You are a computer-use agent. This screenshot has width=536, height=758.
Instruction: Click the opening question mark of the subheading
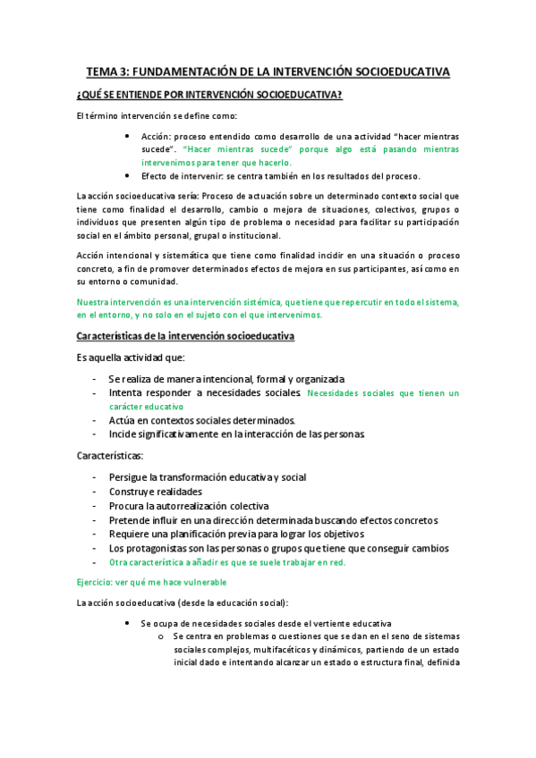(80, 96)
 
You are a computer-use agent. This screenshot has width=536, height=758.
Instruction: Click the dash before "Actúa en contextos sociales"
(96, 419)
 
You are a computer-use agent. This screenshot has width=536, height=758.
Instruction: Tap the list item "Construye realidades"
(154, 491)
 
